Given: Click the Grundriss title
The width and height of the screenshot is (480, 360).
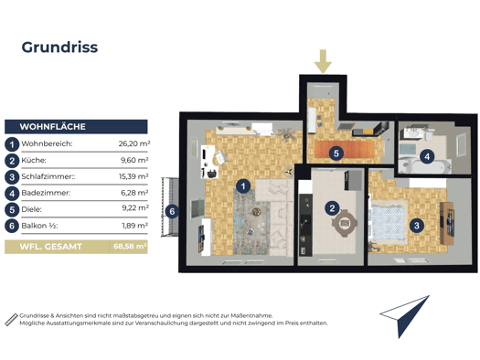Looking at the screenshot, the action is click(x=59, y=48).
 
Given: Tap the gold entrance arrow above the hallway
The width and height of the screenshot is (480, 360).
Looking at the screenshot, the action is click(x=323, y=61).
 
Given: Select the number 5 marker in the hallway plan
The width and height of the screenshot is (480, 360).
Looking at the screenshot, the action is click(x=336, y=153).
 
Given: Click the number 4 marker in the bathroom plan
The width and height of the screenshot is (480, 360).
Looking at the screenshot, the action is click(x=427, y=157).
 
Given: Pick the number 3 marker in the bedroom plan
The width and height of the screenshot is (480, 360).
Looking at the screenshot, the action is click(x=417, y=226).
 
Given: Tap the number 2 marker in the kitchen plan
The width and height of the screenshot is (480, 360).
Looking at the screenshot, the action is click(x=332, y=208).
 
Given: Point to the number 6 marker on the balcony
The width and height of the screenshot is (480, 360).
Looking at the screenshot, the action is click(x=172, y=211).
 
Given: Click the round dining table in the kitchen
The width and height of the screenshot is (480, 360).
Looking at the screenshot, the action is click(x=345, y=223).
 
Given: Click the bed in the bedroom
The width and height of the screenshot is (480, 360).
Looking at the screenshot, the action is click(x=389, y=220).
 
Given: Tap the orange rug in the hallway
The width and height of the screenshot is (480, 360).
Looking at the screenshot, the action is click(x=345, y=149).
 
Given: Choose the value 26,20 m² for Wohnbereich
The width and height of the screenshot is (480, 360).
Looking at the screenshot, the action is click(x=134, y=143).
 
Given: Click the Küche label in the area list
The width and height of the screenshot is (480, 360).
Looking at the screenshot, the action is click(x=34, y=160).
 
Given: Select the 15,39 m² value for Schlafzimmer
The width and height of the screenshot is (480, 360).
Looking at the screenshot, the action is click(x=133, y=176).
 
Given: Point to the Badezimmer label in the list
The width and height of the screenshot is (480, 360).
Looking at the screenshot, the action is click(x=46, y=193).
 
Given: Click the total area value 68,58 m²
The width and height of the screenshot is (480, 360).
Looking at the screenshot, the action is click(x=130, y=246).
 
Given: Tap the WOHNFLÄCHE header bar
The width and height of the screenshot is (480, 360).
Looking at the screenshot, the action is click(x=76, y=127).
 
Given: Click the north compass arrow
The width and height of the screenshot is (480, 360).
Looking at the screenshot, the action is click(x=405, y=316).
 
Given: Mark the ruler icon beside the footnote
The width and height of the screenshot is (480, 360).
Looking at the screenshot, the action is click(x=11, y=319).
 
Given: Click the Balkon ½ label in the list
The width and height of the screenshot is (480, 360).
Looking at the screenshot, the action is click(x=39, y=226).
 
